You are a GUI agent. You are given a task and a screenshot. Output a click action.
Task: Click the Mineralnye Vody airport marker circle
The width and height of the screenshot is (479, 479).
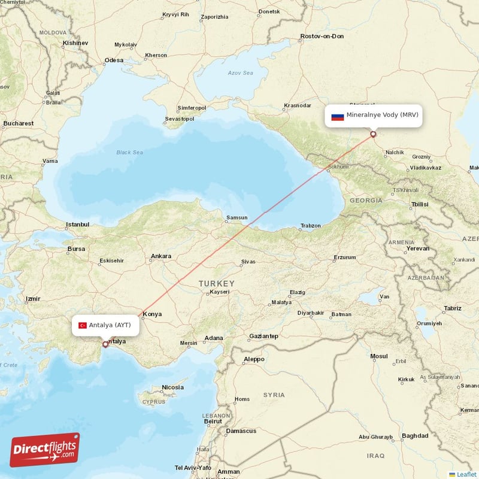(373, 134)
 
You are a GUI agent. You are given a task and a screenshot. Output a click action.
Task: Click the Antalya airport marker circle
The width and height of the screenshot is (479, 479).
(105, 344)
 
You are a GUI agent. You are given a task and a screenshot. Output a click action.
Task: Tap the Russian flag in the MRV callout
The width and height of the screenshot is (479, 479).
(338, 116)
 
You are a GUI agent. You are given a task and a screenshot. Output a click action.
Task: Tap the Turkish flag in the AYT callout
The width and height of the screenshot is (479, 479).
(83, 325)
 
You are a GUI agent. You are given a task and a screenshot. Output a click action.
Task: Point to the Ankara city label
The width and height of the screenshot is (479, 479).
(160, 256)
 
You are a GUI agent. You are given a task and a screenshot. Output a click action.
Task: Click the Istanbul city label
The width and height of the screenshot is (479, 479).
(77, 225)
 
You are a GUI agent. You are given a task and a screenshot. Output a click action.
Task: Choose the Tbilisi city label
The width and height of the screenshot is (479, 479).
(419, 204)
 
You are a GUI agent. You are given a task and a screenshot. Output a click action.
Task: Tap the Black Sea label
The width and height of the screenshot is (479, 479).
(129, 153)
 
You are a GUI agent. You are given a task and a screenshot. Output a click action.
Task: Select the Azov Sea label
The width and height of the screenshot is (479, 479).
(240, 73)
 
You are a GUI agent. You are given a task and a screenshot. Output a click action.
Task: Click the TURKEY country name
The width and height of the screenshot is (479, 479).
(217, 283)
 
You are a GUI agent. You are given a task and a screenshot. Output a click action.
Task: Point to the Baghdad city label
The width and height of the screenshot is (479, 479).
(415, 436)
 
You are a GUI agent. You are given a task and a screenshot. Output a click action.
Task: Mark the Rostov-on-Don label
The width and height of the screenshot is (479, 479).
(322, 37)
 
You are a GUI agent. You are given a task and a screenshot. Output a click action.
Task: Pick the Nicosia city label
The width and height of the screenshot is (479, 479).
(172, 387)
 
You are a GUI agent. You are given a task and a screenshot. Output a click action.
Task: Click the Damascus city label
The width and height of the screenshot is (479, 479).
(241, 431)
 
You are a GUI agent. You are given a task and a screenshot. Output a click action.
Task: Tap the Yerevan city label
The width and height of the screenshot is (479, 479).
(418, 248)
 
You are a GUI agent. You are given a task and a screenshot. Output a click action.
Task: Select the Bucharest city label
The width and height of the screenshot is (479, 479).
(18, 123)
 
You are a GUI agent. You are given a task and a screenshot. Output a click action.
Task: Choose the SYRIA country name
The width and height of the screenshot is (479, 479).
(274, 395)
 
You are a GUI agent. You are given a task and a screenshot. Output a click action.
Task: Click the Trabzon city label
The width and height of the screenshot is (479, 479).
(310, 226)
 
